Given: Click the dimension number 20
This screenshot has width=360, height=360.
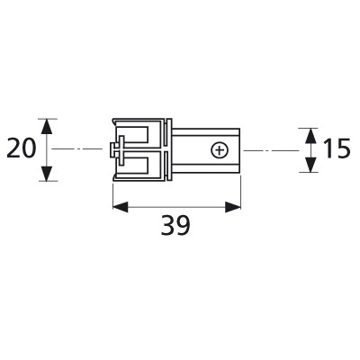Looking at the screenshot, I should [21, 148].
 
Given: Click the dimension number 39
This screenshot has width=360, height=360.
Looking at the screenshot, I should [176, 226].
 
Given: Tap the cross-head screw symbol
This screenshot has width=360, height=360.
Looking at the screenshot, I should [218, 150].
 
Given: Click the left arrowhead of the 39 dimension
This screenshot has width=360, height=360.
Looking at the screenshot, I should [118, 206].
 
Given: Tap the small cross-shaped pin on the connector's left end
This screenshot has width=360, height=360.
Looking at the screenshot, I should [114, 149].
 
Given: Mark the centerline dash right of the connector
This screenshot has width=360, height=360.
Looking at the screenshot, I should [270, 150].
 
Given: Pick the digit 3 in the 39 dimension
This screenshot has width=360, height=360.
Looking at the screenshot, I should [166, 226].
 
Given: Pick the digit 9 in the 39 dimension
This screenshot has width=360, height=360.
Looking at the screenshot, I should [184, 226].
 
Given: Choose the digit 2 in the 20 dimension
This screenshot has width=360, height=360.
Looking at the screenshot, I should [13, 148].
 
